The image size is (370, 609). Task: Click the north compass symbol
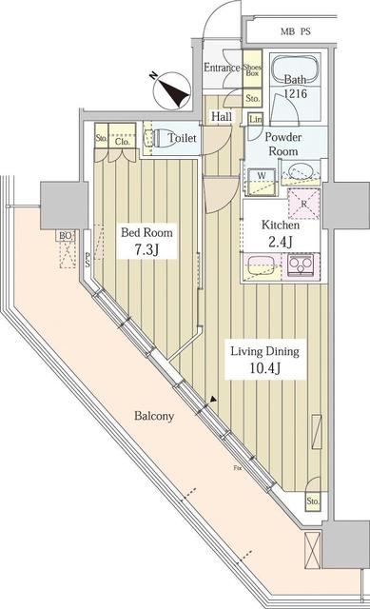coord(175,90)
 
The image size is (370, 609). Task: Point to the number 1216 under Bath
coord(294,96)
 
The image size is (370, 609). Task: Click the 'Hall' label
coord(222,117)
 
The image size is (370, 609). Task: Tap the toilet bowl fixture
coord(160,137)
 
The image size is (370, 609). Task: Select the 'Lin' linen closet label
coord(256,118)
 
